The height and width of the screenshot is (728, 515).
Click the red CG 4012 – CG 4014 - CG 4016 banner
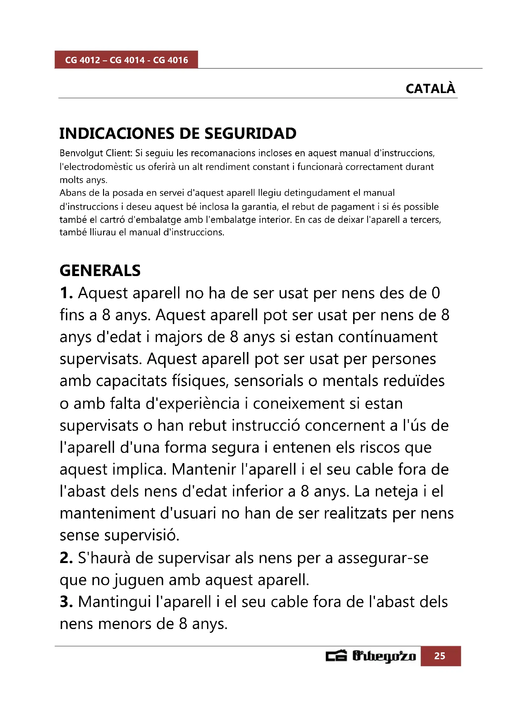pyautogui.click(x=126, y=60)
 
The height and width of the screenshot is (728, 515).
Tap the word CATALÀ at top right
pyautogui.click(x=430, y=89)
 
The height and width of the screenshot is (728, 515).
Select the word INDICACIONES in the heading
pyautogui.click(x=117, y=134)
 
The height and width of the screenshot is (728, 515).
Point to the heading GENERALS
pyautogui.click(x=100, y=270)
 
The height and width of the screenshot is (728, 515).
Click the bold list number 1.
pyautogui.click(x=66, y=293)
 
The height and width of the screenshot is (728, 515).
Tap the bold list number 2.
pyautogui.click(x=66, y=558)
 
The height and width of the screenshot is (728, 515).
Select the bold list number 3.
pyautogui.click(x=66, y=602)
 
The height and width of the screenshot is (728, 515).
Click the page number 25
pyautogui.click(x=440, y=656)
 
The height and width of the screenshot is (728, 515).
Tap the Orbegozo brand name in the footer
pyautogui.click(x=384, y=656)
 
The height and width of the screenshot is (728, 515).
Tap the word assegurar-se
pyautogui.click(x=383, y=558)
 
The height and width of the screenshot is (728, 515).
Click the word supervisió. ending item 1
pyautogui.click(x=142, y=535)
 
